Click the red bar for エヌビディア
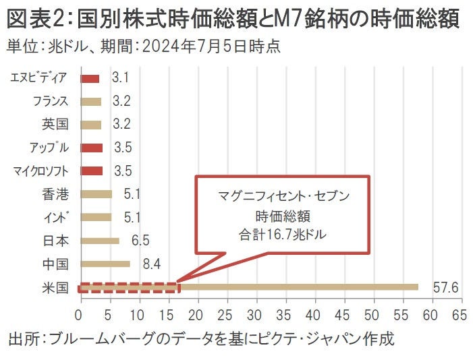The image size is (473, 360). [90, 78]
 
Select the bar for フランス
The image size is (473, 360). [90, 102]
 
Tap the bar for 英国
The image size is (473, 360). [90, 125]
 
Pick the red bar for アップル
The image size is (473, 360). [91, 148]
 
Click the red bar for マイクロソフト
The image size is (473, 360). [91, 171]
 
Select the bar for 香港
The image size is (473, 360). [96, 194]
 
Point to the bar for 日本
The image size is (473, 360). [100, 241]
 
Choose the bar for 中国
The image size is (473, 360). [105, 264]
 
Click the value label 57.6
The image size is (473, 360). [445, 288]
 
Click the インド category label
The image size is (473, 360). [57, 218]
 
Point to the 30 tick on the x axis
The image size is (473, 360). [255, 315]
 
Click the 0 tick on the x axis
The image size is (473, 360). [80, 315]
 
